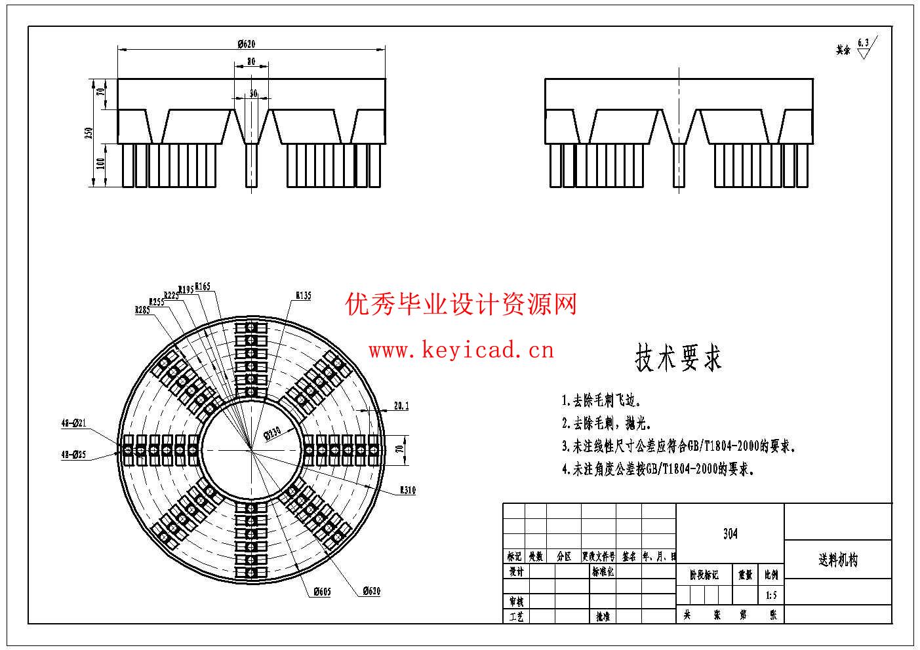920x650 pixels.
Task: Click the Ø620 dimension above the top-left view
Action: pyautogui.click(x=246, y=44)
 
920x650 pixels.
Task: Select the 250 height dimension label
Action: pyautogui.click(x=89, y=132)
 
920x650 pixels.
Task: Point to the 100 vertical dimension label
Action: pyautogui.click(x=100, y=164)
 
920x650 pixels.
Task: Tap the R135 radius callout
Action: pyautogui.click(x=303, y=296)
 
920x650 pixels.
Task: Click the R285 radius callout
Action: pyautogui.click(x=142, y=310)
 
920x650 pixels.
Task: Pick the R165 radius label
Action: pyautogui.click(x=202, y=286)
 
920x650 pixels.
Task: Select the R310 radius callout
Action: pyautogui.click(x=407, y=490)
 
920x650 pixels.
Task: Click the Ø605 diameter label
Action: pyautogui.click(x=321, y=592)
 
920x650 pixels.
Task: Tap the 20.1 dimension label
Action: pyautogui.click(x=401, y=406)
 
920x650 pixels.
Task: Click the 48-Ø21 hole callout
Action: pyautogui.click(x=73, y=423)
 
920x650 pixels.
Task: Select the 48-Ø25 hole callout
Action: pyautogui.click(x=73, y=453)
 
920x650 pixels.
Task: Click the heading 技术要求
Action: pyautogui.click(x=678, y=358)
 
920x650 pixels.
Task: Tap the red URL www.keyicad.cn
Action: pyautogui.click(x=461, y=351)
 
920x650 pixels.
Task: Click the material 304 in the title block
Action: pyautogui.click(x=730, y=533)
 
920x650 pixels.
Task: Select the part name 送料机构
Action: pyautogui.click(x=837, y=560)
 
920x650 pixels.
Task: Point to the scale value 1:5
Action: pyautogui.click(x=770, y=596)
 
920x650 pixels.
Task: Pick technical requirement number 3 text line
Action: pyautogui.click(x=679, y=447)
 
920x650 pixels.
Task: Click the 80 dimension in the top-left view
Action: pyautogui.click(x=251, y=62)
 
